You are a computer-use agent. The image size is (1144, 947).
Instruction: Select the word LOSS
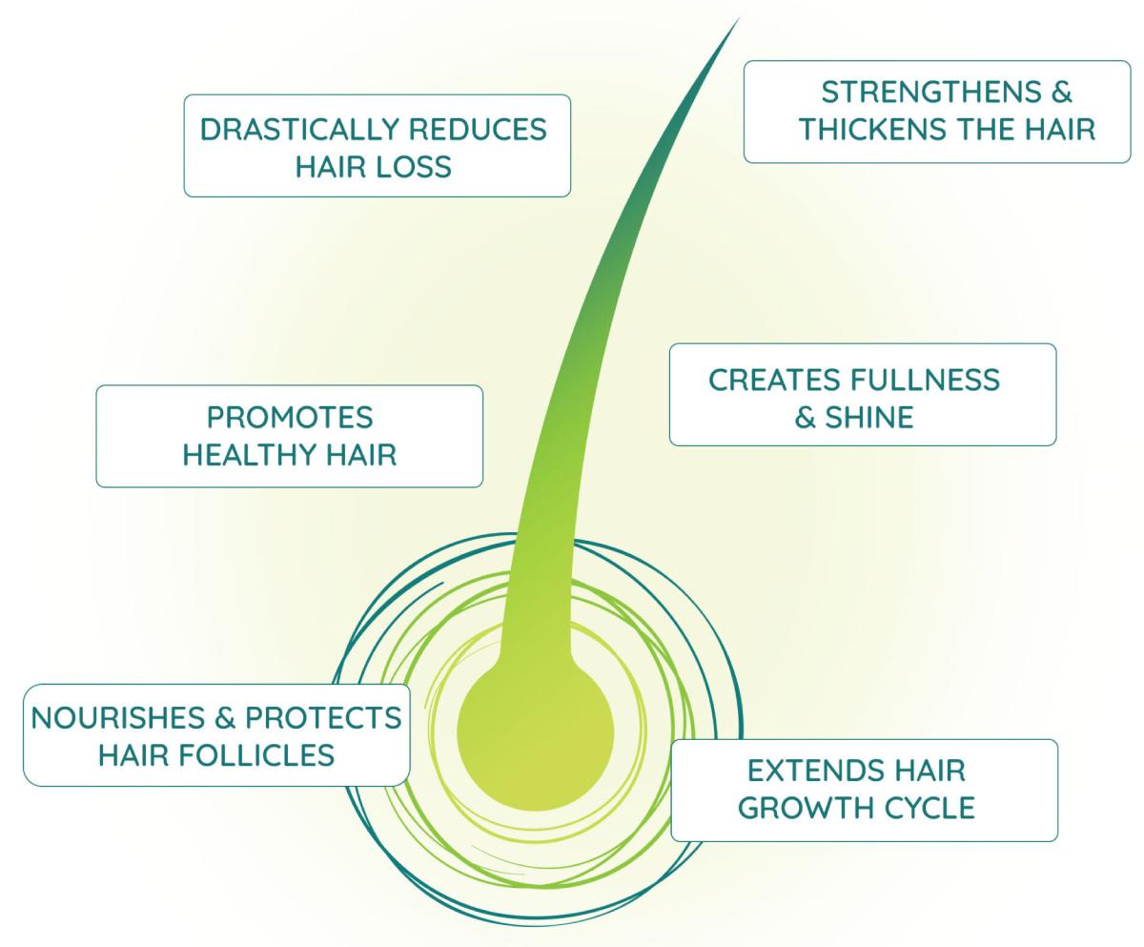point(412,168)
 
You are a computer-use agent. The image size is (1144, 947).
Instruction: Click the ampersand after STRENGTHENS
point(1061,93)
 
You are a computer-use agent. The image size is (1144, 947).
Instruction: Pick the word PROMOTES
point(290,418)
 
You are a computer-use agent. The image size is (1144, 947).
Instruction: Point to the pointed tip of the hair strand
point(737,20)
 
